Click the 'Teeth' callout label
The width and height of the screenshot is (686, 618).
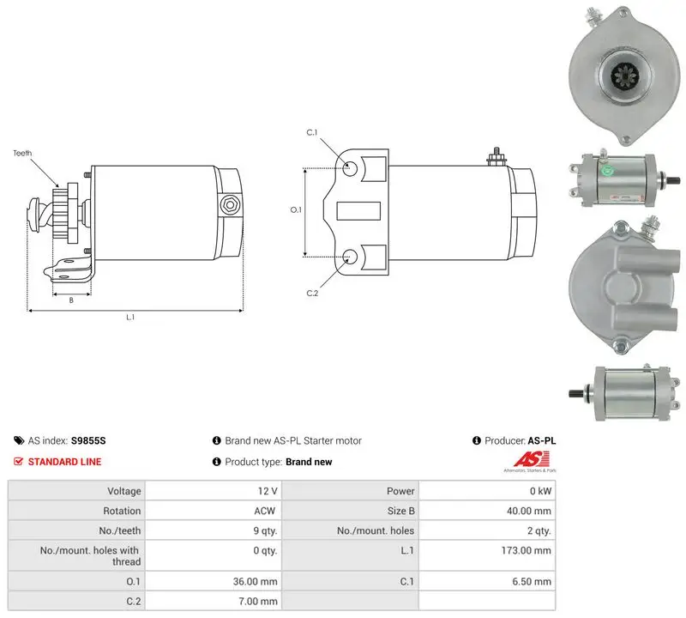(22, 153)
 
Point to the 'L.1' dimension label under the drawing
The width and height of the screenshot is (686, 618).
(130, 317)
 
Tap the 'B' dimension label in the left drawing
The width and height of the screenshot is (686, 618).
(71, 300)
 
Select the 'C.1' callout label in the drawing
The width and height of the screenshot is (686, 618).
(312, 132)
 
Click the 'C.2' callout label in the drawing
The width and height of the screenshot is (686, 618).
(312, 293)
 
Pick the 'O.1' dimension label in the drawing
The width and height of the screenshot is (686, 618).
(296, 209)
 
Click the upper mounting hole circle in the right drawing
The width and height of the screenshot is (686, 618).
(350, 168)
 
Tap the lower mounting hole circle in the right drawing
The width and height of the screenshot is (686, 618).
(350, 257)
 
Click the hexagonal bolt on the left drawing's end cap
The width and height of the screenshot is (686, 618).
(229, 204)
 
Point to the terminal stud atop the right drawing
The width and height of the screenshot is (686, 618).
(496, 157)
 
